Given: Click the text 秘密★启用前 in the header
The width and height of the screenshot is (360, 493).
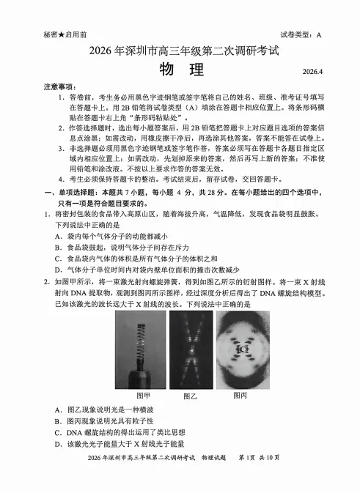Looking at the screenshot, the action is [x=65, y=35].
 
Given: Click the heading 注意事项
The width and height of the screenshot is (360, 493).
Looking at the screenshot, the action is [x=59, y=86].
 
